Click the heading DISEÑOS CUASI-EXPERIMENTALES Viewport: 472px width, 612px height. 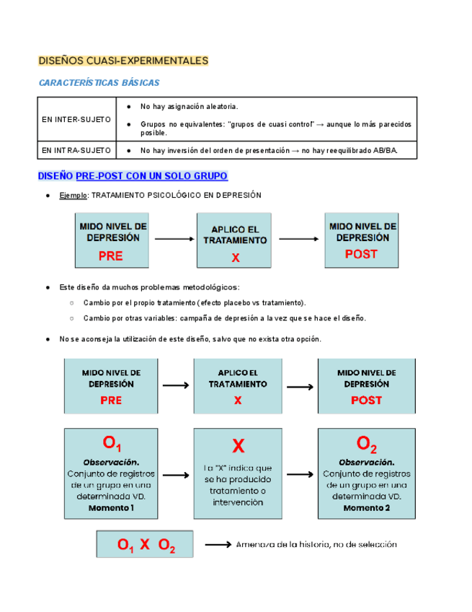[123, 61]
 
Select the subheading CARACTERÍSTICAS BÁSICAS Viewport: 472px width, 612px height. [99, 83]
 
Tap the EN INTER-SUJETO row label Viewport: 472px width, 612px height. [76, 119]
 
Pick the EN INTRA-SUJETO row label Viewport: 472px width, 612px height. [76, 150]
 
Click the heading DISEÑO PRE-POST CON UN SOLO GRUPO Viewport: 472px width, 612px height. [133, 176]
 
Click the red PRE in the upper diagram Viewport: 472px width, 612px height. [111, 255]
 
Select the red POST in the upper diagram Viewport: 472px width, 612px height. [361, 254]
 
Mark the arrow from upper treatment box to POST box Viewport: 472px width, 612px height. [298, 239]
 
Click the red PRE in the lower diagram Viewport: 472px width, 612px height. [111, 401]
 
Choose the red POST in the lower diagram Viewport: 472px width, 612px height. [366, 401]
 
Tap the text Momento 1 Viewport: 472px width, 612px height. [112, 508]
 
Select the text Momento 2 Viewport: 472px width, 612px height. [366, 508]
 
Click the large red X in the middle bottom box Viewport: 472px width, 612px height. [239, 446]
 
